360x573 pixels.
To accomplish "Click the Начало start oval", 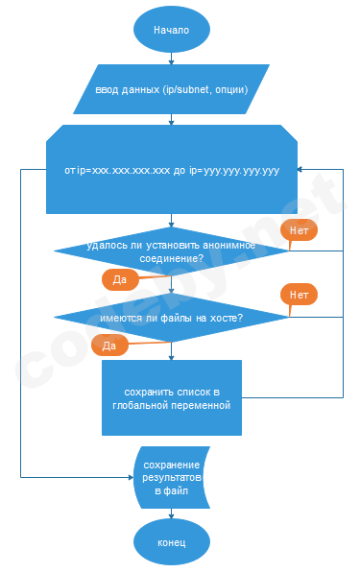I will pyautogui.click(x=171, y=30).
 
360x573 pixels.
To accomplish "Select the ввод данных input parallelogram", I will pyautogui.click(x=171, y=90).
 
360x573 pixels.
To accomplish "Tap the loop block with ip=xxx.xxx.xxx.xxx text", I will pyautogui.click(x=171, y=170).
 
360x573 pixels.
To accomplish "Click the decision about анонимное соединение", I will pyautogui.click(x=171, y=251).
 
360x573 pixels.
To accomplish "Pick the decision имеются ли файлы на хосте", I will pyautogui.click(x=171, y=318).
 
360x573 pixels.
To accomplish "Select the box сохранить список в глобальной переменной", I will pyautogui.click(x=171, y=398).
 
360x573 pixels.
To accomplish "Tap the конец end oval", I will pyautogui.click(x=171, y=543).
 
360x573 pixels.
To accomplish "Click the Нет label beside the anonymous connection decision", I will pyautogui.click(x=299, y=230).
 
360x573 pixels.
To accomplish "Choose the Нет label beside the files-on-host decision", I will pyautogui.click(x=299, y=295).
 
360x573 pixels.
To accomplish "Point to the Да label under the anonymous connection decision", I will pyautogui.click(x=120, y=279).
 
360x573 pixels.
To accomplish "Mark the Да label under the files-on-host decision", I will pyautogui.click(x=109, y=344).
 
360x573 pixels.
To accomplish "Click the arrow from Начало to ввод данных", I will pyautogui.click(x=171, y=57).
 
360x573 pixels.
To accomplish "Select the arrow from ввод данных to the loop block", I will pyautogui.click(x=171, y=119).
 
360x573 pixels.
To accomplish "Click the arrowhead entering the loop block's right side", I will pyautogui.click(x=300, y=170).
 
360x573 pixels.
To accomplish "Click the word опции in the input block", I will pyautogui.click(x=230, y=90).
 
